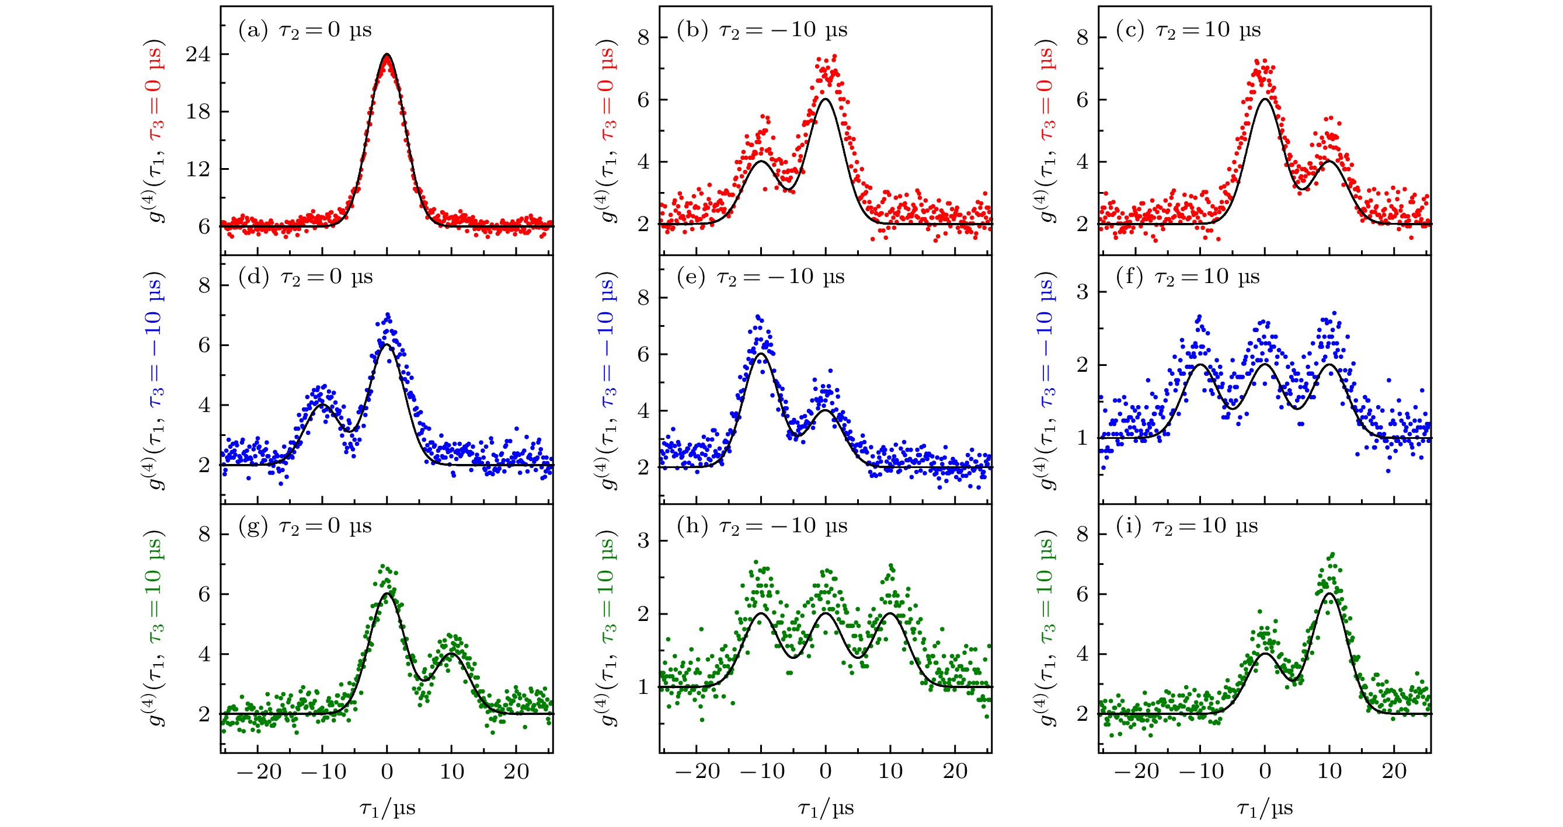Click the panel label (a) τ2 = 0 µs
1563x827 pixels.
[x=305, y=30]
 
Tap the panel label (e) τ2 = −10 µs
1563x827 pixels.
[x=760, y=277]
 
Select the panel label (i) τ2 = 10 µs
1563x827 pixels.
[x=1187, y=526]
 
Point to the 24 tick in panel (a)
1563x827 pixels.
[x=199, y=54]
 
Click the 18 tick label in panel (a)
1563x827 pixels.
[x=199, y=111]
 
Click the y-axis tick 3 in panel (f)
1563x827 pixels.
[x=1082, y=292]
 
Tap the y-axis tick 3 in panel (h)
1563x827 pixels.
[x=643, y=540]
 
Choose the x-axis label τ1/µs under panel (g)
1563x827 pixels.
[x=387, y=808]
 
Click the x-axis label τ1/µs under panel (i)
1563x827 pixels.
[x=1265, y=808]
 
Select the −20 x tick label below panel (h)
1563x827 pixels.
[x=698, y=771]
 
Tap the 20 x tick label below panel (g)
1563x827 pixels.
[x=516, y=771]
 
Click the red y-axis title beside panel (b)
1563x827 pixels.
[x=607, y=131]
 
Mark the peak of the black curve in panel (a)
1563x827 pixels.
[x=387, y=54]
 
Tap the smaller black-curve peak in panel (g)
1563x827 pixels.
[x=451, y=654]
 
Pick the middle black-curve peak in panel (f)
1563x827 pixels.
[x=1265, y=364]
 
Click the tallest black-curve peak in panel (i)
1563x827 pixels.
[x=1329, y=594]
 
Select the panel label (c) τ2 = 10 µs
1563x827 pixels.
[x=1188, y=30]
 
